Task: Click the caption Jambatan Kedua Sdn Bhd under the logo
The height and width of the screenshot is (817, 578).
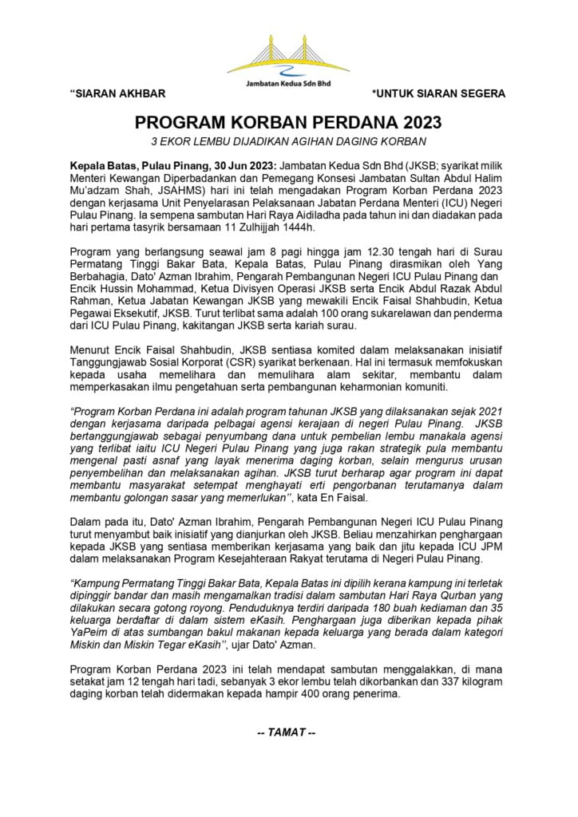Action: pos(290,82)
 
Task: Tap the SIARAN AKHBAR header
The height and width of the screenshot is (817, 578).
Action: pos(118,94)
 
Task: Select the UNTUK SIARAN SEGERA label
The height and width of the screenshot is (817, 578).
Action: pos(438,94)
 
